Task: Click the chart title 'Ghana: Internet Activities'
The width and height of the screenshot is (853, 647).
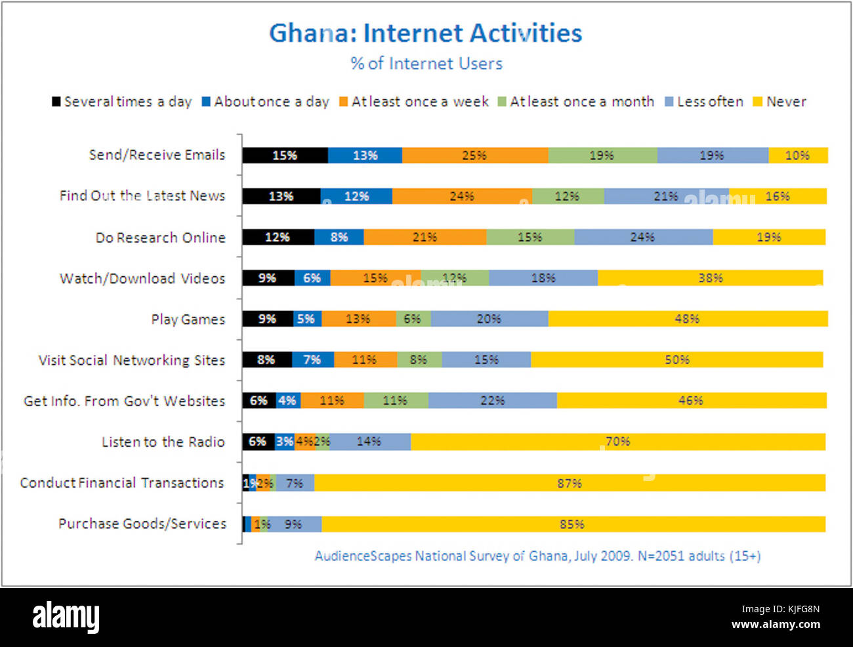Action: click(x=425, y=33)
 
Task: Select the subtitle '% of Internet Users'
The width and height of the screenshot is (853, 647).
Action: click(x=426, y=64)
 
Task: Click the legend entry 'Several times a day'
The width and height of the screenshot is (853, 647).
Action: click(x=122, y=102)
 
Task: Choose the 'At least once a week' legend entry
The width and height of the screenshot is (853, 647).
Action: click(x=414, y=102)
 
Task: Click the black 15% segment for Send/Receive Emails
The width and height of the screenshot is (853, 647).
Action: click(x=285, y=156)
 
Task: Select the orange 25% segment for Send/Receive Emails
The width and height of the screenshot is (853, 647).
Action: click(x=474, y=156)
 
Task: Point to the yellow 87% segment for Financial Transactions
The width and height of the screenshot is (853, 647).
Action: click(x=570, y=483)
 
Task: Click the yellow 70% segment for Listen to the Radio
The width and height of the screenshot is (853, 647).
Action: click(x=617, y=442)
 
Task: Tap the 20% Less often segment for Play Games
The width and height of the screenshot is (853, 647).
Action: click(x=489, y=319)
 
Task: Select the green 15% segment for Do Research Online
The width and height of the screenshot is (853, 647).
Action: click(x=530, y=237)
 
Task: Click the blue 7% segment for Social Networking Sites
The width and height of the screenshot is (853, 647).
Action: click(x=312, y=360)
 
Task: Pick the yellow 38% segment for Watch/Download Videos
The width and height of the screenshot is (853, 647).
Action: click(x=710, y=278)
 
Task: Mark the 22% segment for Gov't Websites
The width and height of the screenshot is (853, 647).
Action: click(x=492, y=400)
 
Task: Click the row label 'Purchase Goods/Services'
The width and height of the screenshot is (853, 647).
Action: click(x=142, y=524)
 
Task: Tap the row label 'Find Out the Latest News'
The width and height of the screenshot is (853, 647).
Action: click(x=142, y=196)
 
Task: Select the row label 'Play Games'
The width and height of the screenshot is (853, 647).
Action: click(x=188, y=320)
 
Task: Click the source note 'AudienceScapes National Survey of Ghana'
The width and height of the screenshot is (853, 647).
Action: click(x=537, y=556)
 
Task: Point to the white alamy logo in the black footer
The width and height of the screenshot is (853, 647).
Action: click(x=66, y=617)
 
